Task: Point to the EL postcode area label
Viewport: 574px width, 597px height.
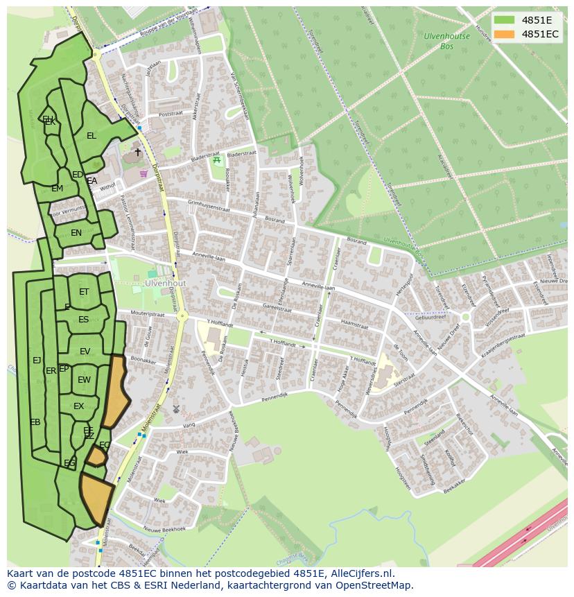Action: (92, 136)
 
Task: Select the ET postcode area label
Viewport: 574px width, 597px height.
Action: (84, 292)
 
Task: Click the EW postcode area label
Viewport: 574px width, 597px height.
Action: (84, 380)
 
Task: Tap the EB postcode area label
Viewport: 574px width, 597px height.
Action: (35, 422)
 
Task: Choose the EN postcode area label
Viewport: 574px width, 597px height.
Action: (76, 233)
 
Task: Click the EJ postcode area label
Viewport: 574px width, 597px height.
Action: (37, 360)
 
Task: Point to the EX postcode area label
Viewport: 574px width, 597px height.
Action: (78, 406)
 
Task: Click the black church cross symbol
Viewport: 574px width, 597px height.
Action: (137, 152)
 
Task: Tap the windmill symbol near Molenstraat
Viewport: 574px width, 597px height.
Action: (175, 409)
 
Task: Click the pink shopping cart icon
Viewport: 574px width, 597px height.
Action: (143, 173)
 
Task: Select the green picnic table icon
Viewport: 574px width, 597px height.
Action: (217, 160)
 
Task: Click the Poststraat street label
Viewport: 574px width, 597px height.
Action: (170, 114)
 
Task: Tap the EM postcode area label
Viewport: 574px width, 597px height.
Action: (57, 189)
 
